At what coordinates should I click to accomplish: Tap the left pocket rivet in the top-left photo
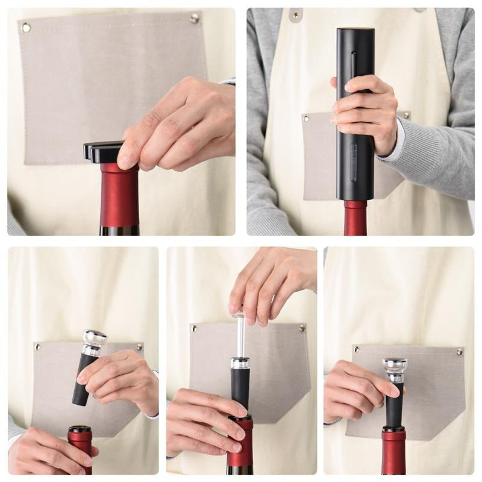click(x=26, y=27)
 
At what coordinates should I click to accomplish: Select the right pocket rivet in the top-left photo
click(x=194, y=19)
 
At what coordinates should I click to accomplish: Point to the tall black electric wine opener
click(x=355, y=90)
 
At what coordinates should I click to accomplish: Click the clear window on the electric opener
click(x=354, y=163)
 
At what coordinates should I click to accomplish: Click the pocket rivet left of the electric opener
click(x=306, y=119)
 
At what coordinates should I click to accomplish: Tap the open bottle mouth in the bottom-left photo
click(x=80, y=430)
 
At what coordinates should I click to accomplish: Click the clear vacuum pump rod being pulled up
click(x=240, y=334)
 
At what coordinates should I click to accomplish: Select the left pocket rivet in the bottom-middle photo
click(x=194, y=329)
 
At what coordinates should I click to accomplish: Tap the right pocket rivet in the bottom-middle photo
click(x=302, y=328)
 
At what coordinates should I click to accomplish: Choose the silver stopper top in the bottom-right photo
click(x=394, y=365)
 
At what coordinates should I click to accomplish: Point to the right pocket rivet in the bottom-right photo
click(x=460, y=352)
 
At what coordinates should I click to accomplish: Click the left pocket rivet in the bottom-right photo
click(x=356, y=349)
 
